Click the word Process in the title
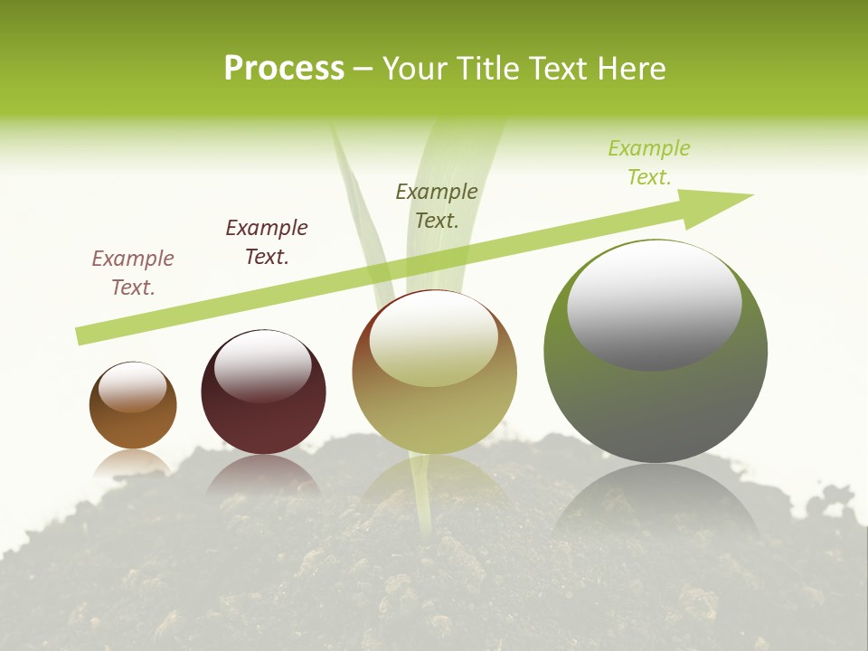pyautogui.click(x=284, y=69)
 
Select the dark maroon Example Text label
pyautogui.click(x=267, y=242)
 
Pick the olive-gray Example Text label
pyautogui.click(x=437, y=206)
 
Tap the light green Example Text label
pyautogui.click(x=649, y=163)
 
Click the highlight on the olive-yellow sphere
pyautogui.click(x=434, y=339)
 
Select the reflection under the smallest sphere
pyautogui.click(x=133, y=463)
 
